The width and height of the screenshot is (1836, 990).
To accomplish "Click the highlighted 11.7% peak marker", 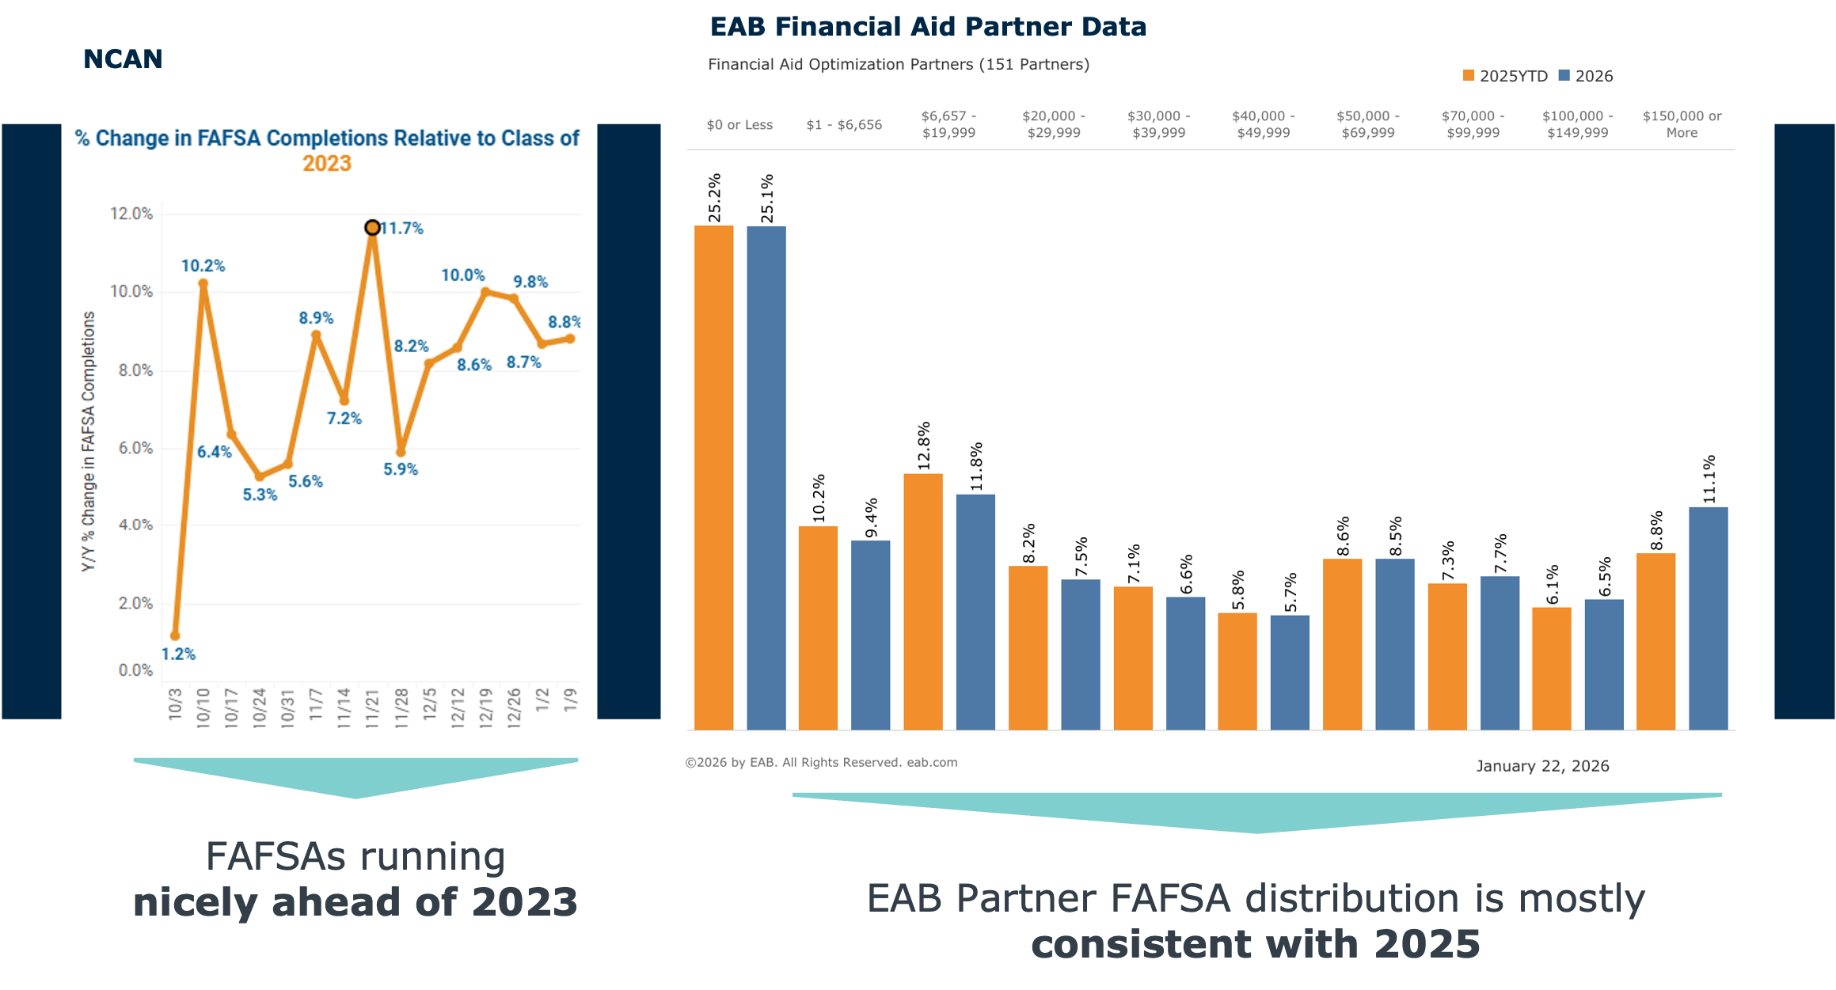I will [x=372, y=228].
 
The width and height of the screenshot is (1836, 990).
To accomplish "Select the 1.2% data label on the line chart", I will [x=178, y=654].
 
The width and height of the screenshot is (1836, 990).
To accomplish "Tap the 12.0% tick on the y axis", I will [x=131, y=214].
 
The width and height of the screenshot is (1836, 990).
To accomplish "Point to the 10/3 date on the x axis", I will [x=175, y=704].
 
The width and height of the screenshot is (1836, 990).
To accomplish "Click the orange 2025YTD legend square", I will [x=1469, y=76].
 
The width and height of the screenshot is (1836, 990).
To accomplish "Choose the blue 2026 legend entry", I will [x=1586, y=76].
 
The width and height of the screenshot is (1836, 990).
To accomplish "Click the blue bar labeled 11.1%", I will [x=1708, y=618].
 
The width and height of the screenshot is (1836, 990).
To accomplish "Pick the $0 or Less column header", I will [x=739, y=125].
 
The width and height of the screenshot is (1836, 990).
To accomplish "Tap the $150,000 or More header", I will [x=1682, y=124].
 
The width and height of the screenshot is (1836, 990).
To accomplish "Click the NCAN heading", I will [x=123, y=59].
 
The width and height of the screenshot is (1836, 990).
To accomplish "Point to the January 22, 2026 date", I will [x=1542, y=766].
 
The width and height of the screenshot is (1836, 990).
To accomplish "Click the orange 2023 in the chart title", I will [x=326, y=164].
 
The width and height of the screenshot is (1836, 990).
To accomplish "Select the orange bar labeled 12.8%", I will [x=922, y=601].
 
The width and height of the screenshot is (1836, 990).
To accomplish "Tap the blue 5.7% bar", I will [x=1290, y=672].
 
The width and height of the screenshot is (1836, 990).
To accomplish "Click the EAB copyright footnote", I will [x=821, y=762].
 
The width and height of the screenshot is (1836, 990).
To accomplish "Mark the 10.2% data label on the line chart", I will [x=203, y=266].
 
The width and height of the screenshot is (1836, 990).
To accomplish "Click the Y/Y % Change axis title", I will [x=89, y=441].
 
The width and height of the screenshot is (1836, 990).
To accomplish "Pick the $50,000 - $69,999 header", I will [x=1368, y=124].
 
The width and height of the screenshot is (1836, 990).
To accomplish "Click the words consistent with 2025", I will [x=1255, y=944].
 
